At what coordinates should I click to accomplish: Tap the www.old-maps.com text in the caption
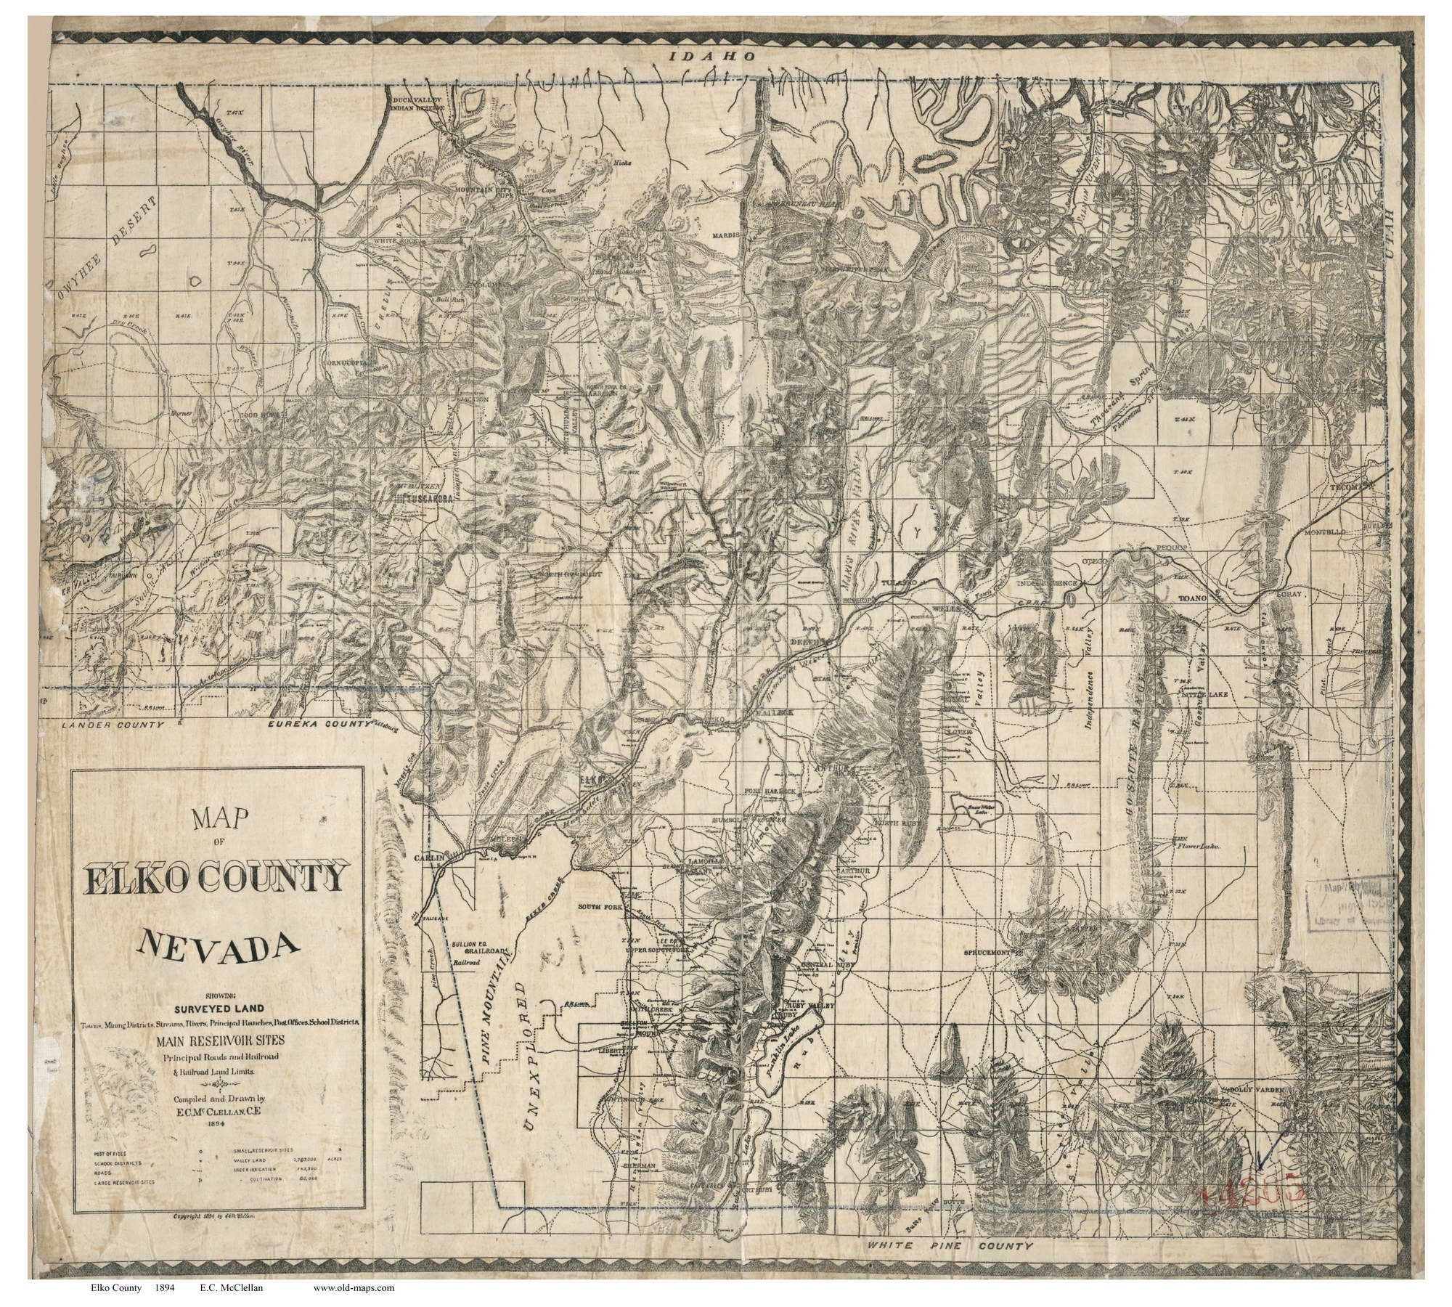pyautogui.click(x=354, y=1288)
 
